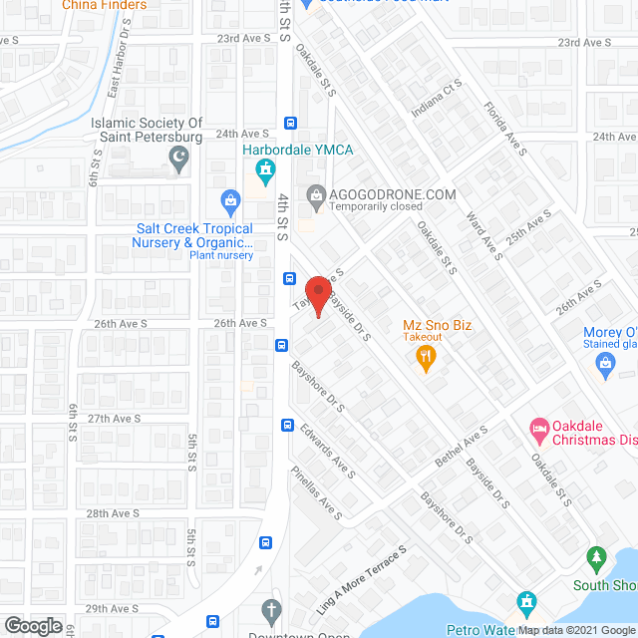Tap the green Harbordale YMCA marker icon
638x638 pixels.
coord(265,174)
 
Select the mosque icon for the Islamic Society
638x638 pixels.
coord(179,157)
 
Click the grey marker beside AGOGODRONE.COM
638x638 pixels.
coord(317,194)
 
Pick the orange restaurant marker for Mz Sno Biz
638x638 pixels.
coord(427,357)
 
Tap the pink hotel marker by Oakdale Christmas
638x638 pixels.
coord(538,431)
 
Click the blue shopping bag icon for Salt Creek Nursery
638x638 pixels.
coord(230,202)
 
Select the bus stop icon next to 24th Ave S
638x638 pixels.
coord(290,124)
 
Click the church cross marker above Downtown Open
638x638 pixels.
coord(272,610)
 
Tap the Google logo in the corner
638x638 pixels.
coord(32,625)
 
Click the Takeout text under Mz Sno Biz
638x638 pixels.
coord(424,338)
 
